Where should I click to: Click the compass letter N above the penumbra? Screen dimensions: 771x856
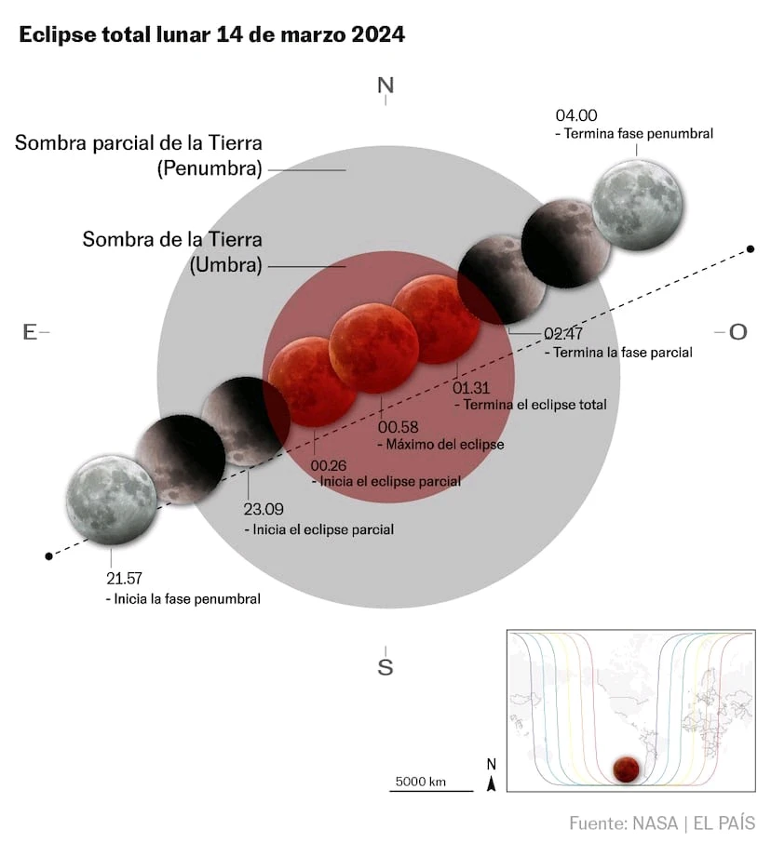pos(385,86)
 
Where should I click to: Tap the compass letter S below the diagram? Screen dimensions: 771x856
pos(385,666)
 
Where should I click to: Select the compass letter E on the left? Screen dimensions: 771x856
pos(30,332)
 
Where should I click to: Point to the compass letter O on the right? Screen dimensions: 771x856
pos(738,332)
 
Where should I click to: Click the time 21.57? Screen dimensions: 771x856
pos(124,578)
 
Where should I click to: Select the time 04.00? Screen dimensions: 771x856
pos(576,115)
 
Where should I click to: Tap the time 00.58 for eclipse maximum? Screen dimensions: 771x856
pos(399,427)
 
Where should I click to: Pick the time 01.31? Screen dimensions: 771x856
pos(471,388)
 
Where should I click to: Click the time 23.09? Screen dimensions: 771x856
pos(264,509)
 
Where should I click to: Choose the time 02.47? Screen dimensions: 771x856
pos(563,333)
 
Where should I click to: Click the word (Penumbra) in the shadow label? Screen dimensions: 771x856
pos(210,168)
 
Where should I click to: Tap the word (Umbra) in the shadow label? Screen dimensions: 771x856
pos(225,265)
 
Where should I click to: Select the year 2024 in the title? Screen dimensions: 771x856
pos(378,34)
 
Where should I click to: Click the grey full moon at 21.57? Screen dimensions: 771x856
pos(112,500)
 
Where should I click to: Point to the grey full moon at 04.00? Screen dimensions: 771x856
pos(637,205)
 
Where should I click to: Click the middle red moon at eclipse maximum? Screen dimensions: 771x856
pos(374,348)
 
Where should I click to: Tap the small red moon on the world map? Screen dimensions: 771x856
pos(625,769)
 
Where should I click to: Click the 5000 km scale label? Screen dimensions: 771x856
pos(421,782)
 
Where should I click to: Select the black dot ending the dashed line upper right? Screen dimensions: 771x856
pos(751,249)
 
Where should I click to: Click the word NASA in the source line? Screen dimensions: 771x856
pos(656,823)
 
